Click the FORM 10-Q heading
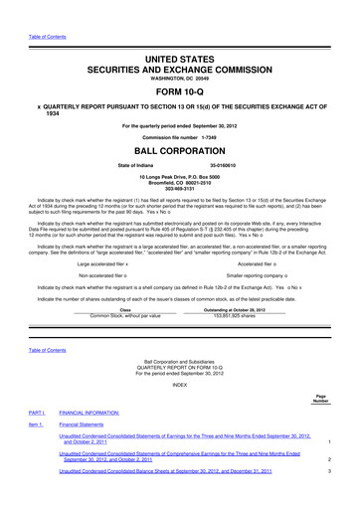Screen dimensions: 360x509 (179, 79)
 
